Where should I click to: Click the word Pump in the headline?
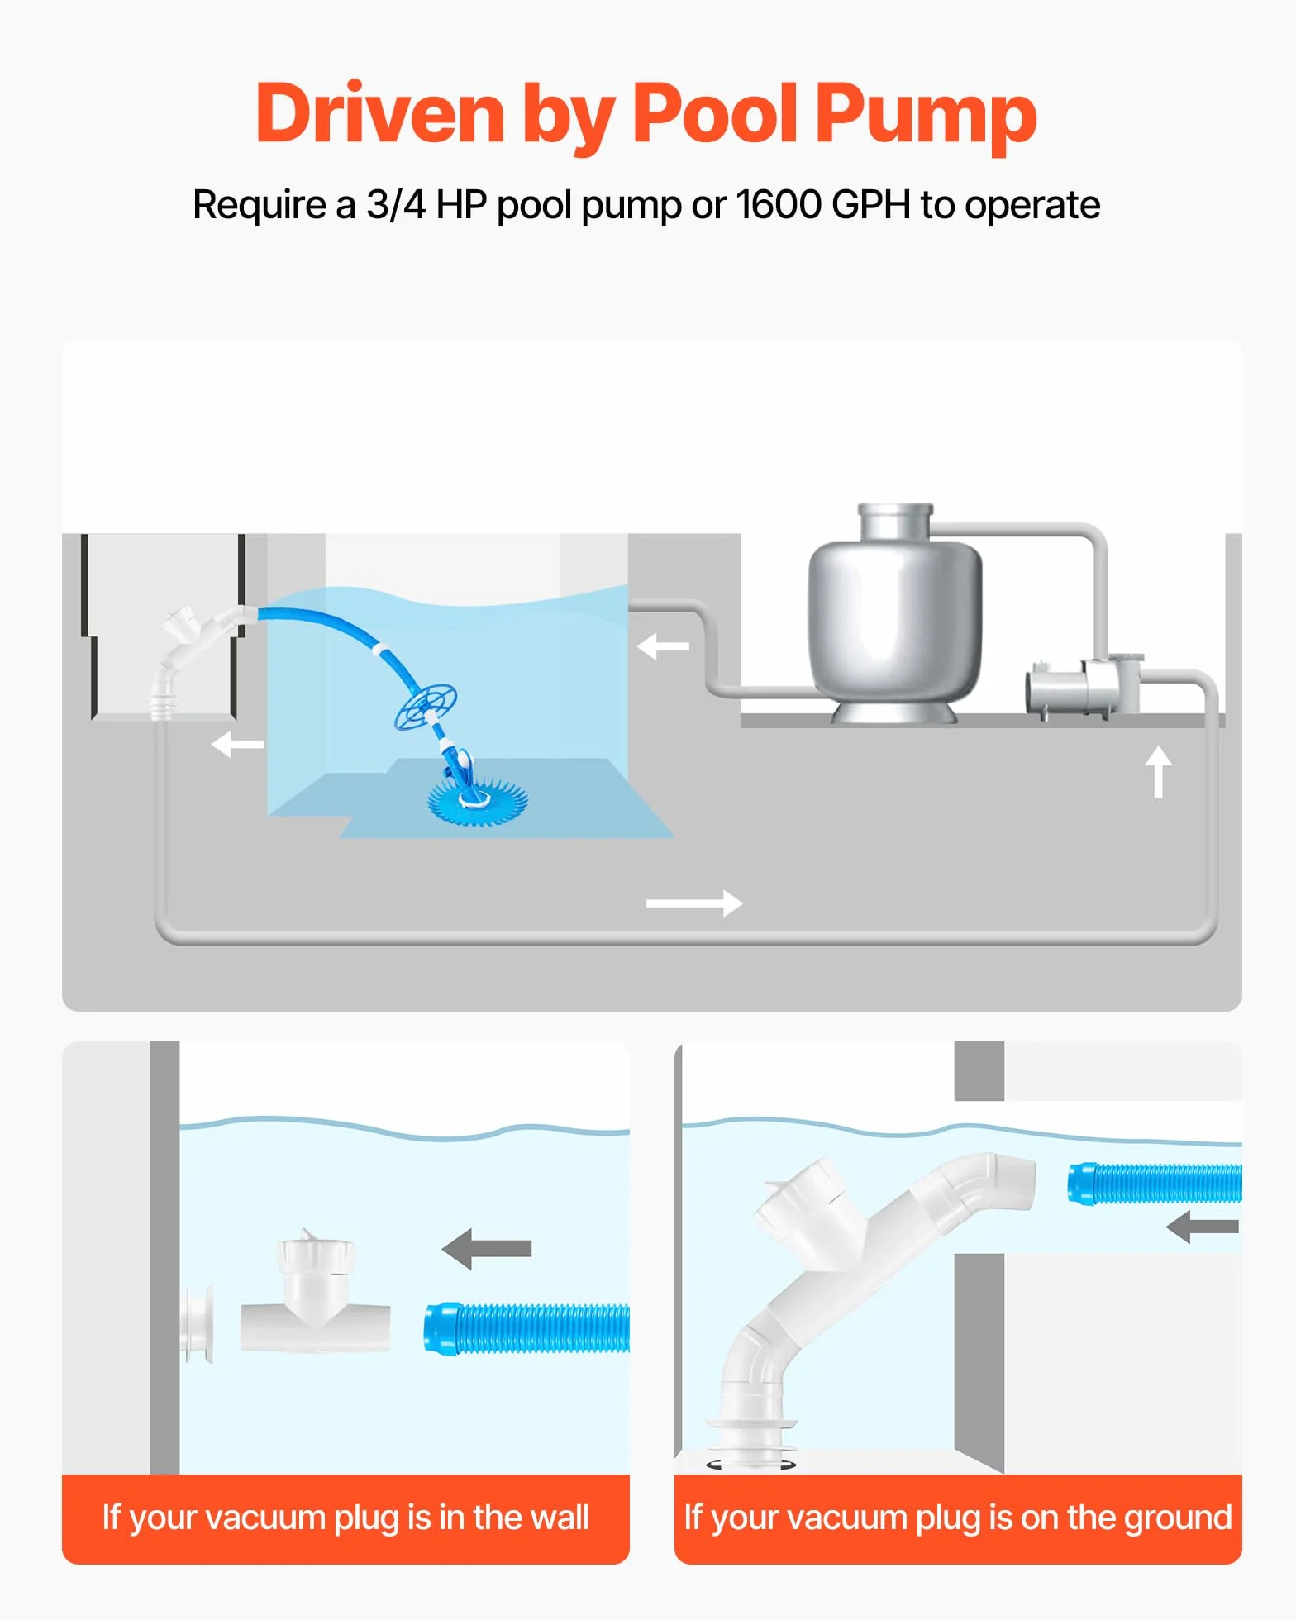point(926,116)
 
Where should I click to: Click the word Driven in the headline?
point(380,114)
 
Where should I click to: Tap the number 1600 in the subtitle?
point(779,204)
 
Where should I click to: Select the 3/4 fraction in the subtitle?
point(396,204)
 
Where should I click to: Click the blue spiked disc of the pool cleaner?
point(478,798)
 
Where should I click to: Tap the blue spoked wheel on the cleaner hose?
point(426,708)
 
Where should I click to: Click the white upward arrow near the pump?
point(1158,772)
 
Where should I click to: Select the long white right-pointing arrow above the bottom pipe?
point(694,903)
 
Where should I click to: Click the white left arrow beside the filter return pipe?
point(663,646)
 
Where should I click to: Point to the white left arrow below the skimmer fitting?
point(237,744)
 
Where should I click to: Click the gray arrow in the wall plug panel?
point(486,1248)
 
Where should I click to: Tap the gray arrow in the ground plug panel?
point(1203,1227)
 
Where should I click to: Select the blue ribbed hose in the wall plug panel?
point(526,1328)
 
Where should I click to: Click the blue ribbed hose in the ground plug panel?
point(1155,1183)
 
